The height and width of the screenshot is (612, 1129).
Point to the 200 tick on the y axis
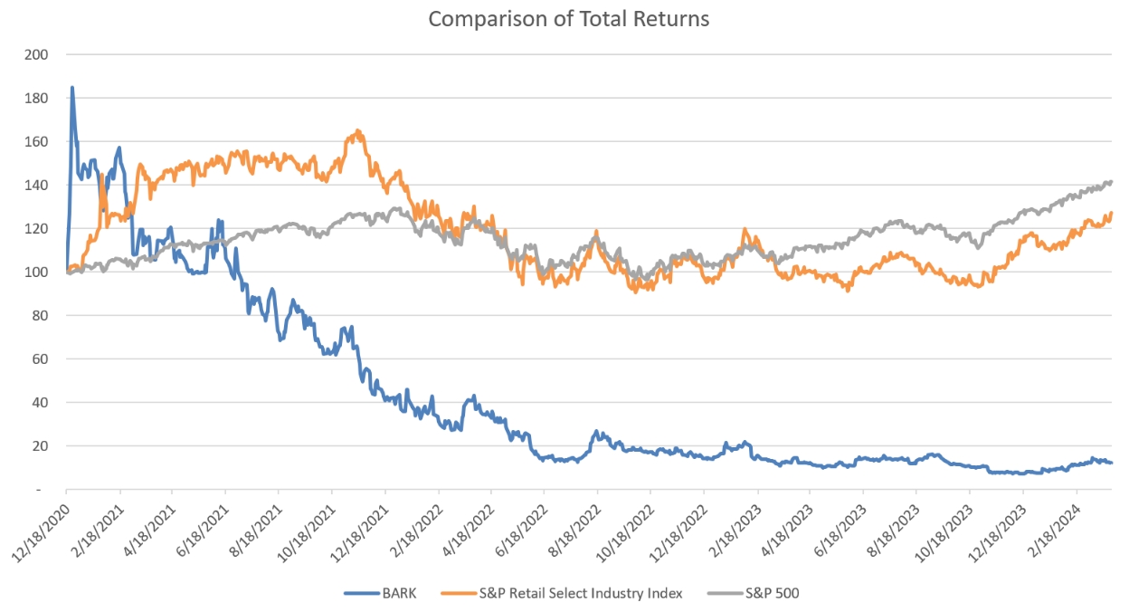38,54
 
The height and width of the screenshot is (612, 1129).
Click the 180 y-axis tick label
38,98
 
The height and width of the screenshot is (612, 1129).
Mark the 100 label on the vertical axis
38,272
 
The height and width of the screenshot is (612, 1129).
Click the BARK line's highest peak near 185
72,88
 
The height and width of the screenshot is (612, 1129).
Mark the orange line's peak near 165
358,130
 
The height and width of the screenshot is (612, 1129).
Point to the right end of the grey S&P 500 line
1111,182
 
